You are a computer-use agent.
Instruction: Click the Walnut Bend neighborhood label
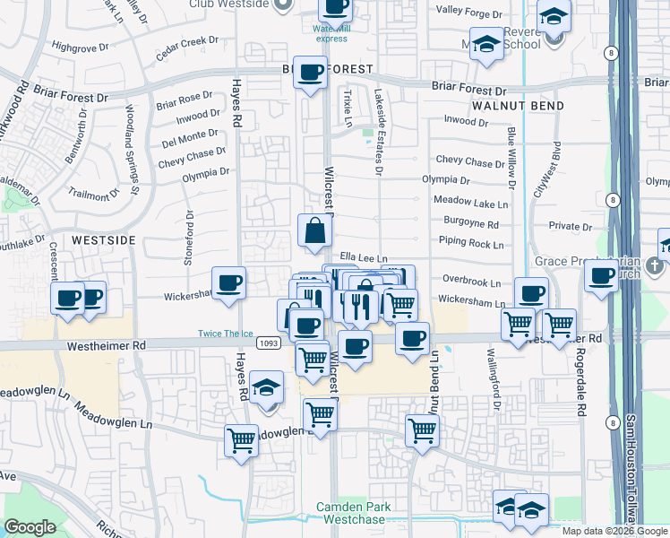tap(518, 106)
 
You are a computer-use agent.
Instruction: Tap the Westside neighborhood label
tap(103, 240)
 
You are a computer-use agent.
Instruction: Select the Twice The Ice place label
tap(226, 334)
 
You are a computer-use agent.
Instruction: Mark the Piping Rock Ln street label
tap(472, 243)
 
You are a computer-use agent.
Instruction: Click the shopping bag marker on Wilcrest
tap(315, 231)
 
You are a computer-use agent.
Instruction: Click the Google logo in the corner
tap(30, 527)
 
